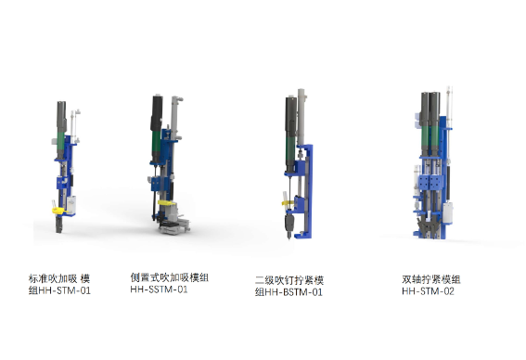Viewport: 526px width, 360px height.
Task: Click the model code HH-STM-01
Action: (65, 290)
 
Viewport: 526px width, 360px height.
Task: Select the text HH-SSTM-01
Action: (159, 289)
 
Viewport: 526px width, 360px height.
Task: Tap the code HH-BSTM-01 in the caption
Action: (294, 292)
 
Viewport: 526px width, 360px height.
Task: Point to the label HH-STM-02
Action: (428, 291)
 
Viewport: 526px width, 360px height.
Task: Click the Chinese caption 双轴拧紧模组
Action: (431, 279)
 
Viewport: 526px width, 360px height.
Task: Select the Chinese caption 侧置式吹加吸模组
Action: (170, 277)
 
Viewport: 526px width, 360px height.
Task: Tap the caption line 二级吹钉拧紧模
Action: (289, 280)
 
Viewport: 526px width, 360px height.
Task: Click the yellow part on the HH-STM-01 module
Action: (58, 211)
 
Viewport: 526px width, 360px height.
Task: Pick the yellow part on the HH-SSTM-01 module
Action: (167, 202)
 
